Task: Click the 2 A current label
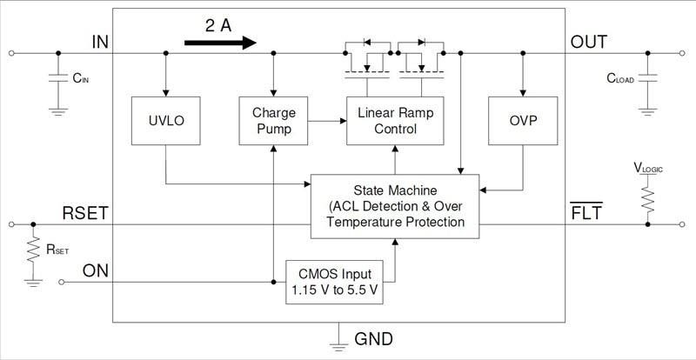click(218, 25)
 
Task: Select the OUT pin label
click(588, 42)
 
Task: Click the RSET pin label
click(85, 212)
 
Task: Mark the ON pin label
click(96, 270)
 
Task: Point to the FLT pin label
click(586, 212)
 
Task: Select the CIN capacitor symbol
click(58, 77)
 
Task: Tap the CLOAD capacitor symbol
click(648, 77)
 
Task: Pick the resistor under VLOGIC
click(648, 197)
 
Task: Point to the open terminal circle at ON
click(61, 283)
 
